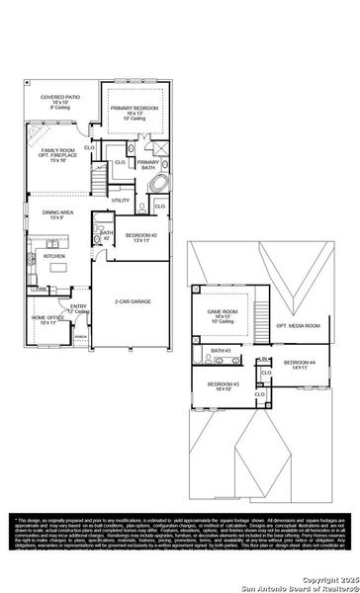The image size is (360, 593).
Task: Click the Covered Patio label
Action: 57,103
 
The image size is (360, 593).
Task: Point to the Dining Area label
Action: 55,215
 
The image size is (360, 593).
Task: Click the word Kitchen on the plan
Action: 54,255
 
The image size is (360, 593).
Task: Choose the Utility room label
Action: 121,200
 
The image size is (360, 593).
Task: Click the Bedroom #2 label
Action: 137,237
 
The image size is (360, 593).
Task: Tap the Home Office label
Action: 47,319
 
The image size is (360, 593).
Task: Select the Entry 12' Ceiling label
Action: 79,309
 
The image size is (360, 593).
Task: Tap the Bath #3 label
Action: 219,351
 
